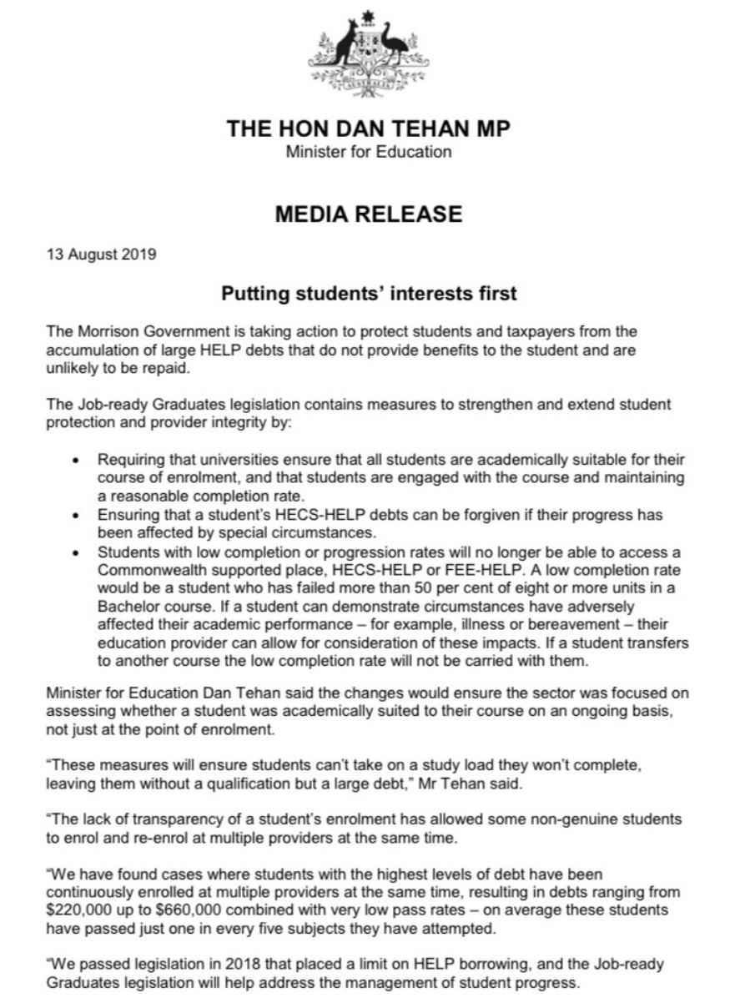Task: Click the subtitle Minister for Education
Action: [x=369, y=152]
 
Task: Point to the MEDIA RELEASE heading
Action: [x=369, y=214]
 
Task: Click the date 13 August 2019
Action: [x=100, y=255]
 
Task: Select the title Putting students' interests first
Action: [x=369, y=294]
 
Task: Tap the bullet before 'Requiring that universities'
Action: [x=77, y=461]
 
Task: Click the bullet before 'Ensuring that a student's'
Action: [x=77, y=514]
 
